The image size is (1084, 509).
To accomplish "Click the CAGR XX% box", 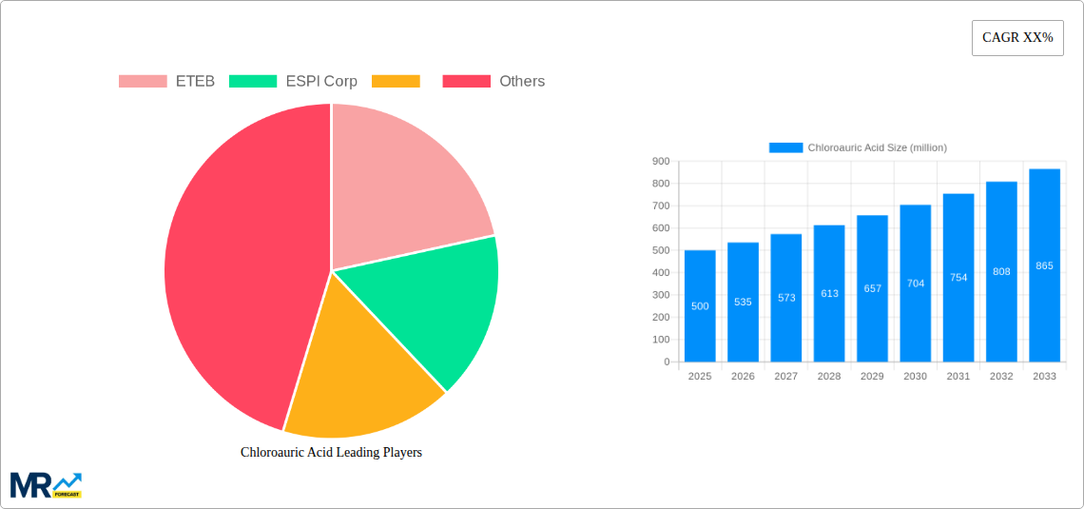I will [1016, 38].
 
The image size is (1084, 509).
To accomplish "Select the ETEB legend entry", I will [167, 81].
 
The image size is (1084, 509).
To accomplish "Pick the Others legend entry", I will [494, 81].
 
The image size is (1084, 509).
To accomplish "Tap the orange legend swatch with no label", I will [396, 81].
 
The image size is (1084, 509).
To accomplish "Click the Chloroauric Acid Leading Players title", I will [331, 453].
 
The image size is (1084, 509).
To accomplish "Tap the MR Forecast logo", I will [46, 485].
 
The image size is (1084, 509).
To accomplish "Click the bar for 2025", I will [700, 306].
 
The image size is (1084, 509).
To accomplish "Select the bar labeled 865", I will [1044, 265].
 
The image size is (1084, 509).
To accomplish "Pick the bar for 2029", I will [872, 288].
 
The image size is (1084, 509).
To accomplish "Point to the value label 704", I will [916, 284].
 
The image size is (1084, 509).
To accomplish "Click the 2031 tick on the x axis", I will [958, 377].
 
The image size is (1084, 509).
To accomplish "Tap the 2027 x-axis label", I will [785, 377].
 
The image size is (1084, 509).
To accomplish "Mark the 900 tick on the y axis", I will [660, 162].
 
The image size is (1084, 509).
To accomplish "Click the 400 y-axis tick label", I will [660, 273].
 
